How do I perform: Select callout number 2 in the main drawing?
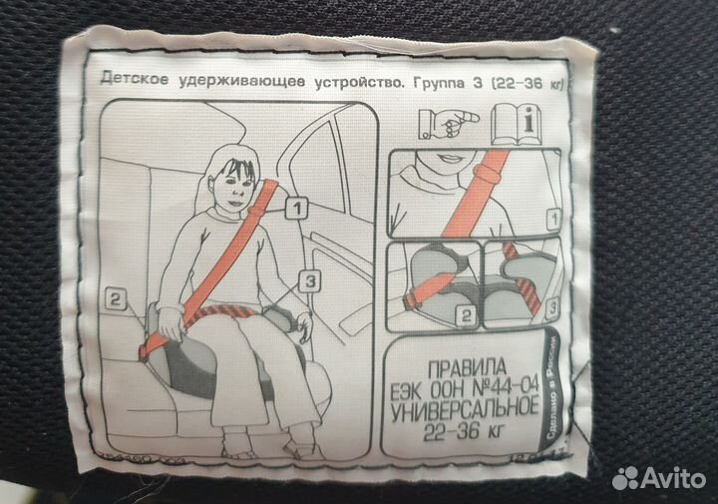tap(117, 296)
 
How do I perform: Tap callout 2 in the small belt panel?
tap(464, 318)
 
